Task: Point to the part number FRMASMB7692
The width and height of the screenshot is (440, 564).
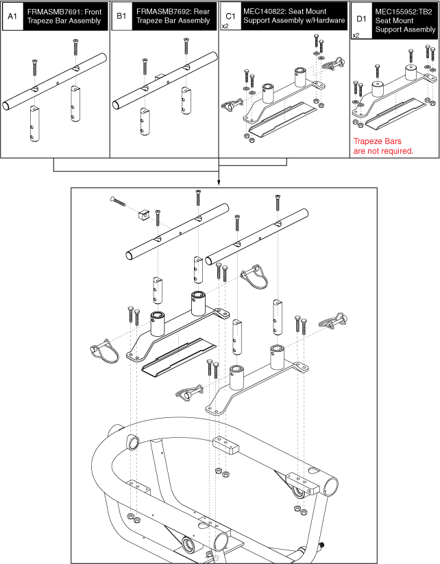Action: pos(160,12)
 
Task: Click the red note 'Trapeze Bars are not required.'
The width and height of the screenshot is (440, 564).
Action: pos(382,146)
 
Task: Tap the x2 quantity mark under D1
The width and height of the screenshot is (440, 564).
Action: pos(356,35)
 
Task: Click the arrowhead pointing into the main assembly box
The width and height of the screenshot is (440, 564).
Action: pos(219,183)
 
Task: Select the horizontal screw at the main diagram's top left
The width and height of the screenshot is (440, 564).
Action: pos(118,201)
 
